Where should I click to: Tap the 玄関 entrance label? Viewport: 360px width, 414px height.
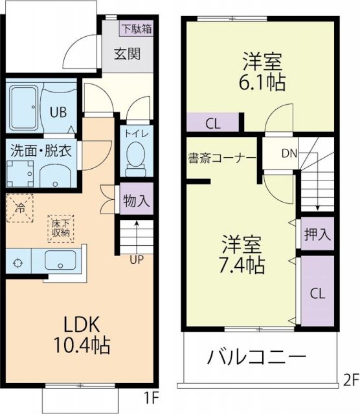128,54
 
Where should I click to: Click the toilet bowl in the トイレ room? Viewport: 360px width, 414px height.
136,156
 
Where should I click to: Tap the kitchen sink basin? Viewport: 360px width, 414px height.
62,262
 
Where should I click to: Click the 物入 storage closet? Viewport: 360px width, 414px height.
137,200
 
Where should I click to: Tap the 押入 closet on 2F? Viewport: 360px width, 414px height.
317,235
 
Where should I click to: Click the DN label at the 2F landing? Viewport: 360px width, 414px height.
289,153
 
